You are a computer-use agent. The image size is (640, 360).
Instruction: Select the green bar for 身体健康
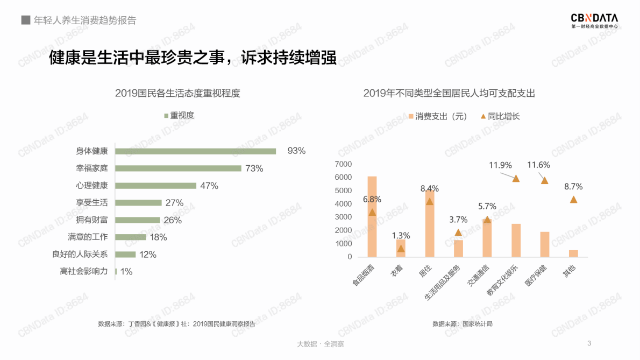(196, 151)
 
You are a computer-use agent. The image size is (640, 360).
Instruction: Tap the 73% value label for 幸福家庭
(254, 168)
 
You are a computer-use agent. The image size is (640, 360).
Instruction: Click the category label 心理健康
(91, 186)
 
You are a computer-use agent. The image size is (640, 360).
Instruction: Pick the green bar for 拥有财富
(138, 220)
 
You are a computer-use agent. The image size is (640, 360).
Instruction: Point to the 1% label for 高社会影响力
(126, 272)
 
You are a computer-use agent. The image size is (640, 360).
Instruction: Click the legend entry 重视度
(179, 115)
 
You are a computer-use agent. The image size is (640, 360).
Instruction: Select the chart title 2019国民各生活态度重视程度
(177, 93)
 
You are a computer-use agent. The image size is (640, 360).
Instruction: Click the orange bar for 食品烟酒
(372, 216)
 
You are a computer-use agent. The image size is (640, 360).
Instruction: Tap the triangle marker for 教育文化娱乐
(516, 179)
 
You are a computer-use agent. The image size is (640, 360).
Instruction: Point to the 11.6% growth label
(538, 165)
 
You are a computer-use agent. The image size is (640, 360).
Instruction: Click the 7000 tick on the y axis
(343, 164)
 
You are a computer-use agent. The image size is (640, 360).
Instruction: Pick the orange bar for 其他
(573, 253)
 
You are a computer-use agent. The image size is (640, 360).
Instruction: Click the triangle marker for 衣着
(401, 249)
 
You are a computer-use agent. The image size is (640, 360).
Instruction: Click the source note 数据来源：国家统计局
(463, 324)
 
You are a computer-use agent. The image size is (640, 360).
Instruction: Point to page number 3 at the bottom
(589, 343)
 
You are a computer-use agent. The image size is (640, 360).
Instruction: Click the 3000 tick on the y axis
(343, 217)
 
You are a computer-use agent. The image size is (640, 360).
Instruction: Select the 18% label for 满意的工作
(158, 237)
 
